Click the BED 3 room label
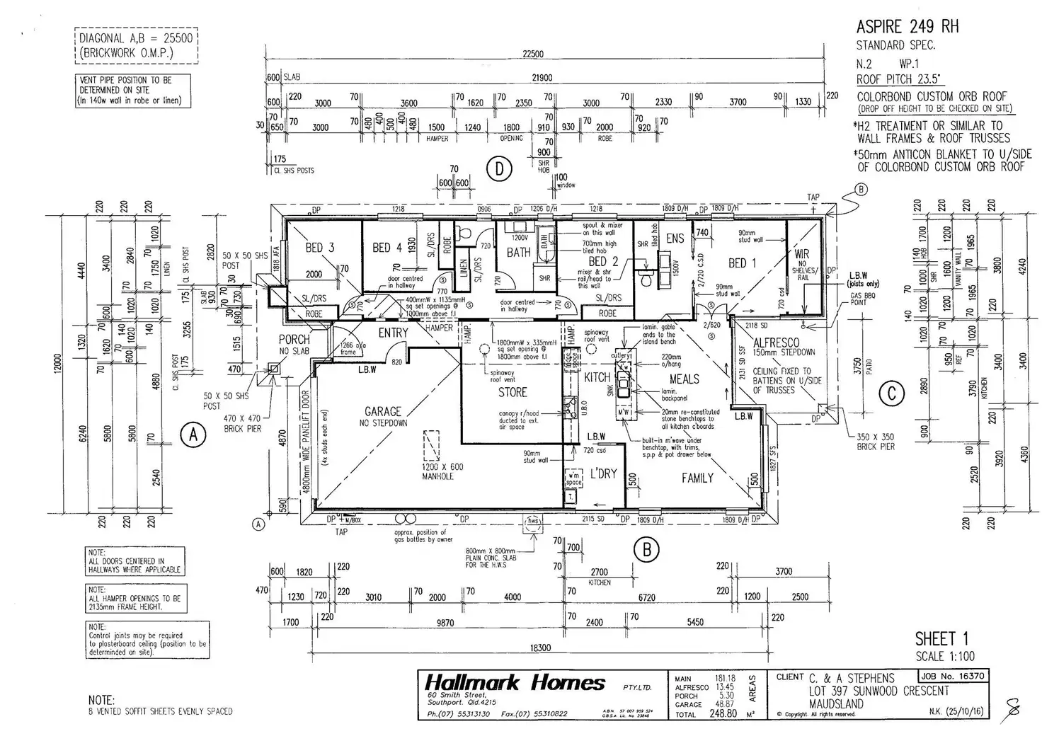point(319,247)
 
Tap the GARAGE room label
point(382,411)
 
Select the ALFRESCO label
point(777,343)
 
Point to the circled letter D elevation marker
point(500,169)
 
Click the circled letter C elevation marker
point(891,393)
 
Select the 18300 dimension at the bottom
point(539,647)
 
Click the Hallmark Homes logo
point(515,683)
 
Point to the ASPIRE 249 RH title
point(907,27)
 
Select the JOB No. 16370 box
point(951,677)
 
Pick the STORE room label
point(512,392)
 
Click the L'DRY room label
point(603,473)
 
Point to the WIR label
point(801,254)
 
